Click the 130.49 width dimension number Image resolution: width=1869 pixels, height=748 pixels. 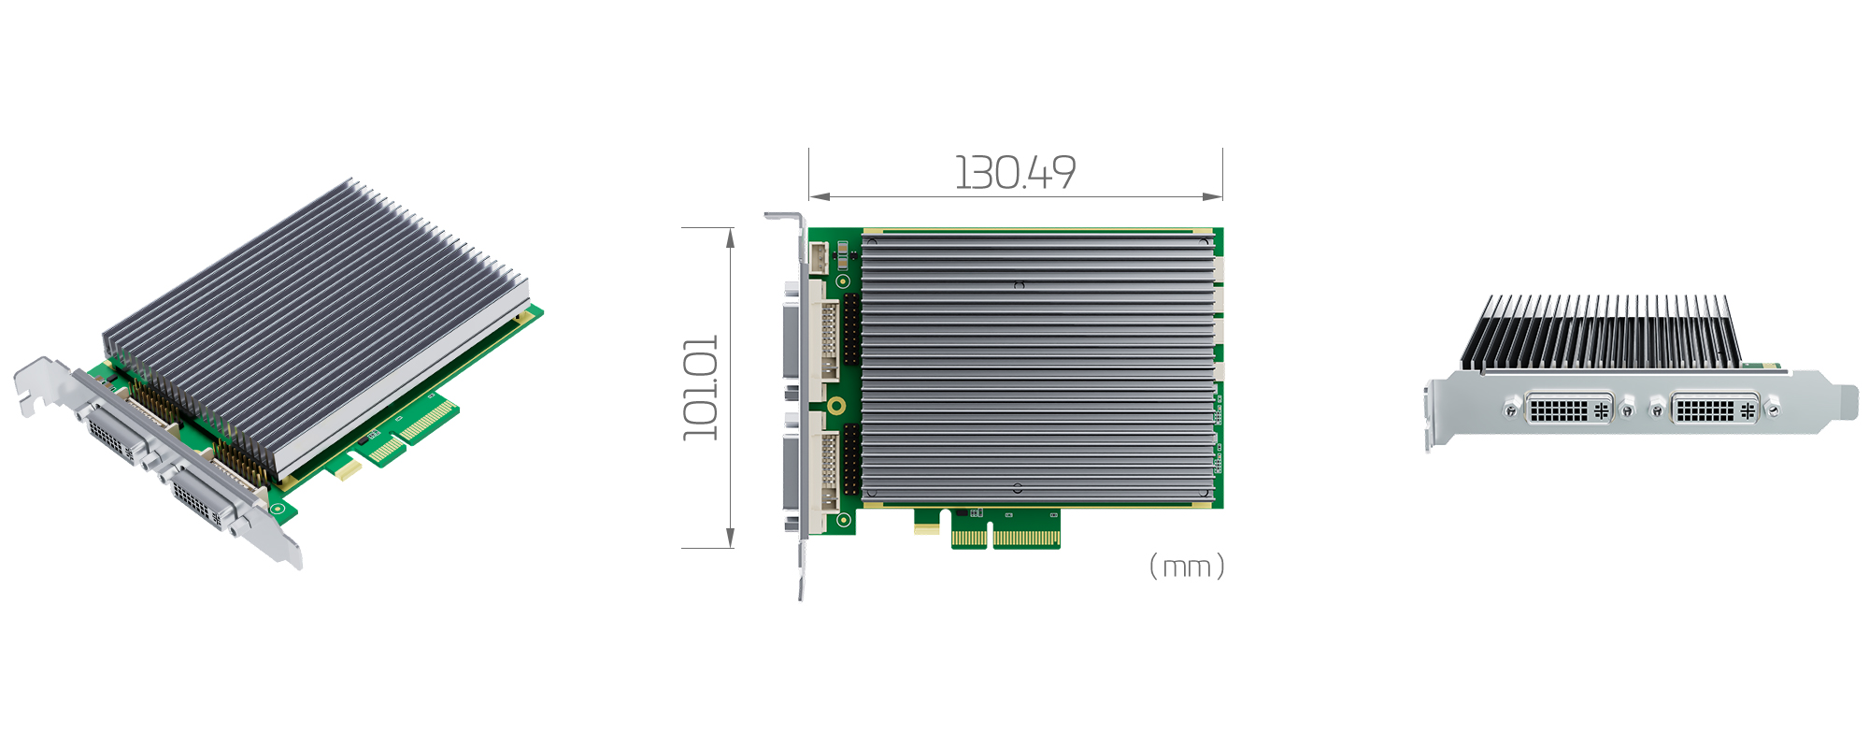coord(1015,173)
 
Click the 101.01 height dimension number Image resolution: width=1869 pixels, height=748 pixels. coord(701,388)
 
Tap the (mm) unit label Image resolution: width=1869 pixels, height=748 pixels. coord(1186,567)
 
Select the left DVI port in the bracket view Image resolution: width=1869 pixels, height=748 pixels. coord(1569,410)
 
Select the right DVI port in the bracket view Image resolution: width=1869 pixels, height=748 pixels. coord(1715,410)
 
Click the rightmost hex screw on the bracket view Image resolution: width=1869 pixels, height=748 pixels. coord(1773,409)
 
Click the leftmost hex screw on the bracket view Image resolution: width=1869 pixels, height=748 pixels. coord(1511,410)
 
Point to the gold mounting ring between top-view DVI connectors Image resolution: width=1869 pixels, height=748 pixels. coord(837,405)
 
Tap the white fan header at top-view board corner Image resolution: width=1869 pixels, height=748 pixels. coord(819,257)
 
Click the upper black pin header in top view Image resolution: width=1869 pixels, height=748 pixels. coord(851,329)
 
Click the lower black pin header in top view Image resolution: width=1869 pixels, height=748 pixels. coord(851,458)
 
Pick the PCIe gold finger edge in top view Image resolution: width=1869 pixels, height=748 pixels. coord(1006,539)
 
